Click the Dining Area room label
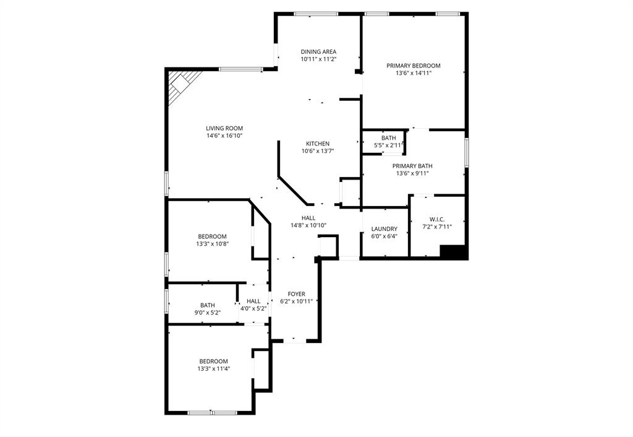pos(318,51)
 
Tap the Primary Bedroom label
pos(413,65)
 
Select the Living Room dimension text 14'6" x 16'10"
pos(224,136)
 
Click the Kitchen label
pos(318,144)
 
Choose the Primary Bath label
pos(412,166)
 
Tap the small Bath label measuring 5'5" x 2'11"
pos(388,138)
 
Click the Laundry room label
pos(384,229)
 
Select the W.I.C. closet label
pos(437,219)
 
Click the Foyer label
pos(296,293)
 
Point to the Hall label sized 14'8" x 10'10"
pos(308,218)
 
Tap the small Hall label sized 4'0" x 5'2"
pos(253,301)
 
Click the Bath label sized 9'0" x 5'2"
pos(207,305)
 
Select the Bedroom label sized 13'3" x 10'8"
pos(212,236)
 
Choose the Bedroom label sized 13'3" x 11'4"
pos(213,361)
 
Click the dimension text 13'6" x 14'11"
pos(413,73)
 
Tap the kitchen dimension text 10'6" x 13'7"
pos(318,151)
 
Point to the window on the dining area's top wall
pos(315,14)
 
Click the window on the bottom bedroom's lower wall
pos(211,412)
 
